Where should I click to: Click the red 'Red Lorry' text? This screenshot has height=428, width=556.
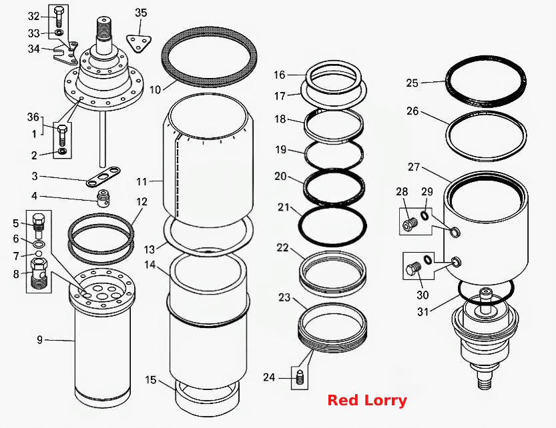pos(367,401)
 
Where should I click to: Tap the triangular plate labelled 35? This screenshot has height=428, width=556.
pos(140,43)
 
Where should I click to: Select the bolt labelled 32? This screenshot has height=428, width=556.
pos(59,16)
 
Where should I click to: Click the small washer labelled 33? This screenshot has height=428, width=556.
pos(59,33)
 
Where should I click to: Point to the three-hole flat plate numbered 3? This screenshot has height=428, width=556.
pos(103,177)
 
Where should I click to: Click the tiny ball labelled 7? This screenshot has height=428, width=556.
pos(39,254)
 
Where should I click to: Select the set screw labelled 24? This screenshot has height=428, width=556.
pos(300,379)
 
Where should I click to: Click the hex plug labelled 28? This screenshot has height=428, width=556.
pos(410,223)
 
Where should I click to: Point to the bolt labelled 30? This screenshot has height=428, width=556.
pos(414,270)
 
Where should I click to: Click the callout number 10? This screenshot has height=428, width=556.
pos(155,89)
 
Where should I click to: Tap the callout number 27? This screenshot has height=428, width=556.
pos(414,167)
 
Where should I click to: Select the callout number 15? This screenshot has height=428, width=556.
pos(150,380)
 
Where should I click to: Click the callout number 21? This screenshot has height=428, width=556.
pos(284,207)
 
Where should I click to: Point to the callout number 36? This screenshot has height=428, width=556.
pos(33,117)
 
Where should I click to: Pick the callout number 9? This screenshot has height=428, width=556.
pos(40,340)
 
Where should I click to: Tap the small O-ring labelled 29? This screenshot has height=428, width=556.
pos(425,215)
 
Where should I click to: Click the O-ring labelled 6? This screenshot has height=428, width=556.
pos(39,245)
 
